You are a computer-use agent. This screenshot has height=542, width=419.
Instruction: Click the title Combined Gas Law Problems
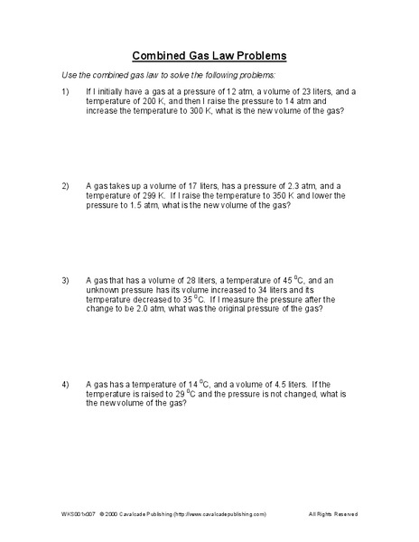coord(209,53)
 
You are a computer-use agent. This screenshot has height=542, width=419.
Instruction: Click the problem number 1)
coord(65,92)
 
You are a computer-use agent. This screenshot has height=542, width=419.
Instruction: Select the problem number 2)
coord(65,185)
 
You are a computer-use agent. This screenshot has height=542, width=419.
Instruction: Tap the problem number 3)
coord(65,279)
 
